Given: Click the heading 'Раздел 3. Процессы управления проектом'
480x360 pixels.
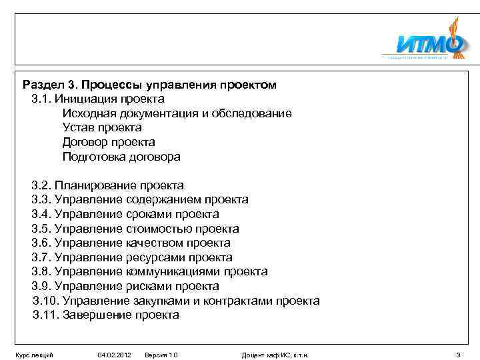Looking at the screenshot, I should [x=149, y=85].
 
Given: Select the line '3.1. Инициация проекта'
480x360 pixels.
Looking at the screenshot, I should [x=98, y=99].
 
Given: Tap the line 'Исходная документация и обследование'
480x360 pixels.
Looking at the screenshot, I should [x=177, y=114].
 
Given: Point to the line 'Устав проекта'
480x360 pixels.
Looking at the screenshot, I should [x=102, y=128].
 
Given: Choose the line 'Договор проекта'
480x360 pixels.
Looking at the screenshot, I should [x=109, y=142].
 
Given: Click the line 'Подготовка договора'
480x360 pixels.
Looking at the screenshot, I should [x=121, y=157].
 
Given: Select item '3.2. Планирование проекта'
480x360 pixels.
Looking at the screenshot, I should [x=107, y=185].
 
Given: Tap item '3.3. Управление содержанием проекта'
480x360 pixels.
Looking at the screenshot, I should [x=140, y=199].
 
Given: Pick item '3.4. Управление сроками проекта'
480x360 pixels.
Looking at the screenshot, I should [x=125, y=214].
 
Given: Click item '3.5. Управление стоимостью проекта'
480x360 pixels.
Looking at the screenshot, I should [x=135, y=229].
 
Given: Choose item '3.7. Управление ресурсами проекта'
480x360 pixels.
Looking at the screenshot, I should [x=132, y=257].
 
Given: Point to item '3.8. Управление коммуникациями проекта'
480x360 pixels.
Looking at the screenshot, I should [x=149, y=272].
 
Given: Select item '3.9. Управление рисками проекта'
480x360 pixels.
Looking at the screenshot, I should [x=125, y=287].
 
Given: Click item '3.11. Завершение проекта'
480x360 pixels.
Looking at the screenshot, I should [x=106, y=315].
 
